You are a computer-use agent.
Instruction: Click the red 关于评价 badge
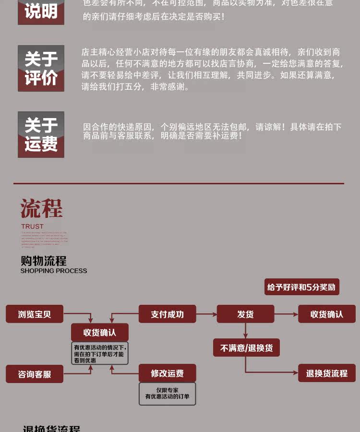[41, 68]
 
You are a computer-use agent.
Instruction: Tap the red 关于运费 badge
[41, 134]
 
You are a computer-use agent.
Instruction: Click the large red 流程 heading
[41, 209]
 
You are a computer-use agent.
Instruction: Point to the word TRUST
[32, 226]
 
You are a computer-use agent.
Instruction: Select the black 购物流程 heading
[43, 261]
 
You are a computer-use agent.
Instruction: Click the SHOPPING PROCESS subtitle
[54, 271]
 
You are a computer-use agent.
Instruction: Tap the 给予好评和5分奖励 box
[302, 287]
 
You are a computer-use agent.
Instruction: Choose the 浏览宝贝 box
[35, 314]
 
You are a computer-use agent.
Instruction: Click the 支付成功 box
[167, 314]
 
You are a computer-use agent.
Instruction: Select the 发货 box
[245, 314]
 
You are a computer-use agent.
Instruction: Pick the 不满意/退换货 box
[246, 348]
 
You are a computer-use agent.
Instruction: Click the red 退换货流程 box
[327, 373]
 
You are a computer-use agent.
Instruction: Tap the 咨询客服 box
[35, 374]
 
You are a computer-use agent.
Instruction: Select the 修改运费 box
[167, 373]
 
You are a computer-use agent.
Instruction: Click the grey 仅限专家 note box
[167, 394]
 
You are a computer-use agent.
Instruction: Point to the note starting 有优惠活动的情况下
[99, 353]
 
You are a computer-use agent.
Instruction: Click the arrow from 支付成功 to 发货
[206, 314]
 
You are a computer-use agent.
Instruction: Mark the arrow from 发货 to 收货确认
[286, 314]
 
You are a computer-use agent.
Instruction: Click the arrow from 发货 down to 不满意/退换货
[245, 331]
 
